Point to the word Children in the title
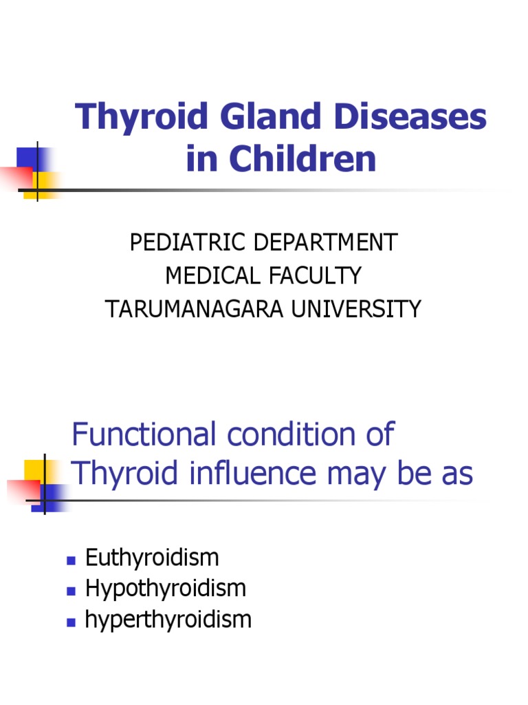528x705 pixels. coord(302,159)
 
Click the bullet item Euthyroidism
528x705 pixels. coord(152,557)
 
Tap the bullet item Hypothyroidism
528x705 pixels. coord(165,589)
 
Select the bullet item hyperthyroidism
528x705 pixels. coord(168,620)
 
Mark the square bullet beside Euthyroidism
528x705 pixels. coord(70,559)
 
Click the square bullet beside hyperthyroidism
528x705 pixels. coord(70,622)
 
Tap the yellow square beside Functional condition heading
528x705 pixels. coord(34,472)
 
